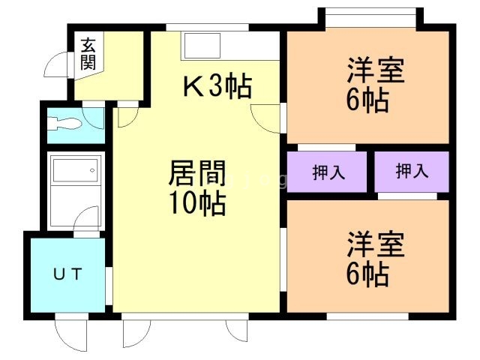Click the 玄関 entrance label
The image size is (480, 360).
(x=88, y=53)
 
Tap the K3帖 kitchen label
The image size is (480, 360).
(x=217, y=88)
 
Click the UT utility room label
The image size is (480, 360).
(x=67, y=273)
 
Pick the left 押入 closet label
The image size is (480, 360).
(x=328, y=172)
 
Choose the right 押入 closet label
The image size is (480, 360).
(x=412, y=172)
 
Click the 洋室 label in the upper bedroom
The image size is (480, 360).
(x=375, y=72)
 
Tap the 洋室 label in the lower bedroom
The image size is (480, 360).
(x=375, y=246)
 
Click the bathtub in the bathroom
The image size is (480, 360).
(x=73, y=180)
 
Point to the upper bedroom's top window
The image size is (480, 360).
(x=367, y=11)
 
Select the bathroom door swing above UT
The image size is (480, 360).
(x=88, y=222)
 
